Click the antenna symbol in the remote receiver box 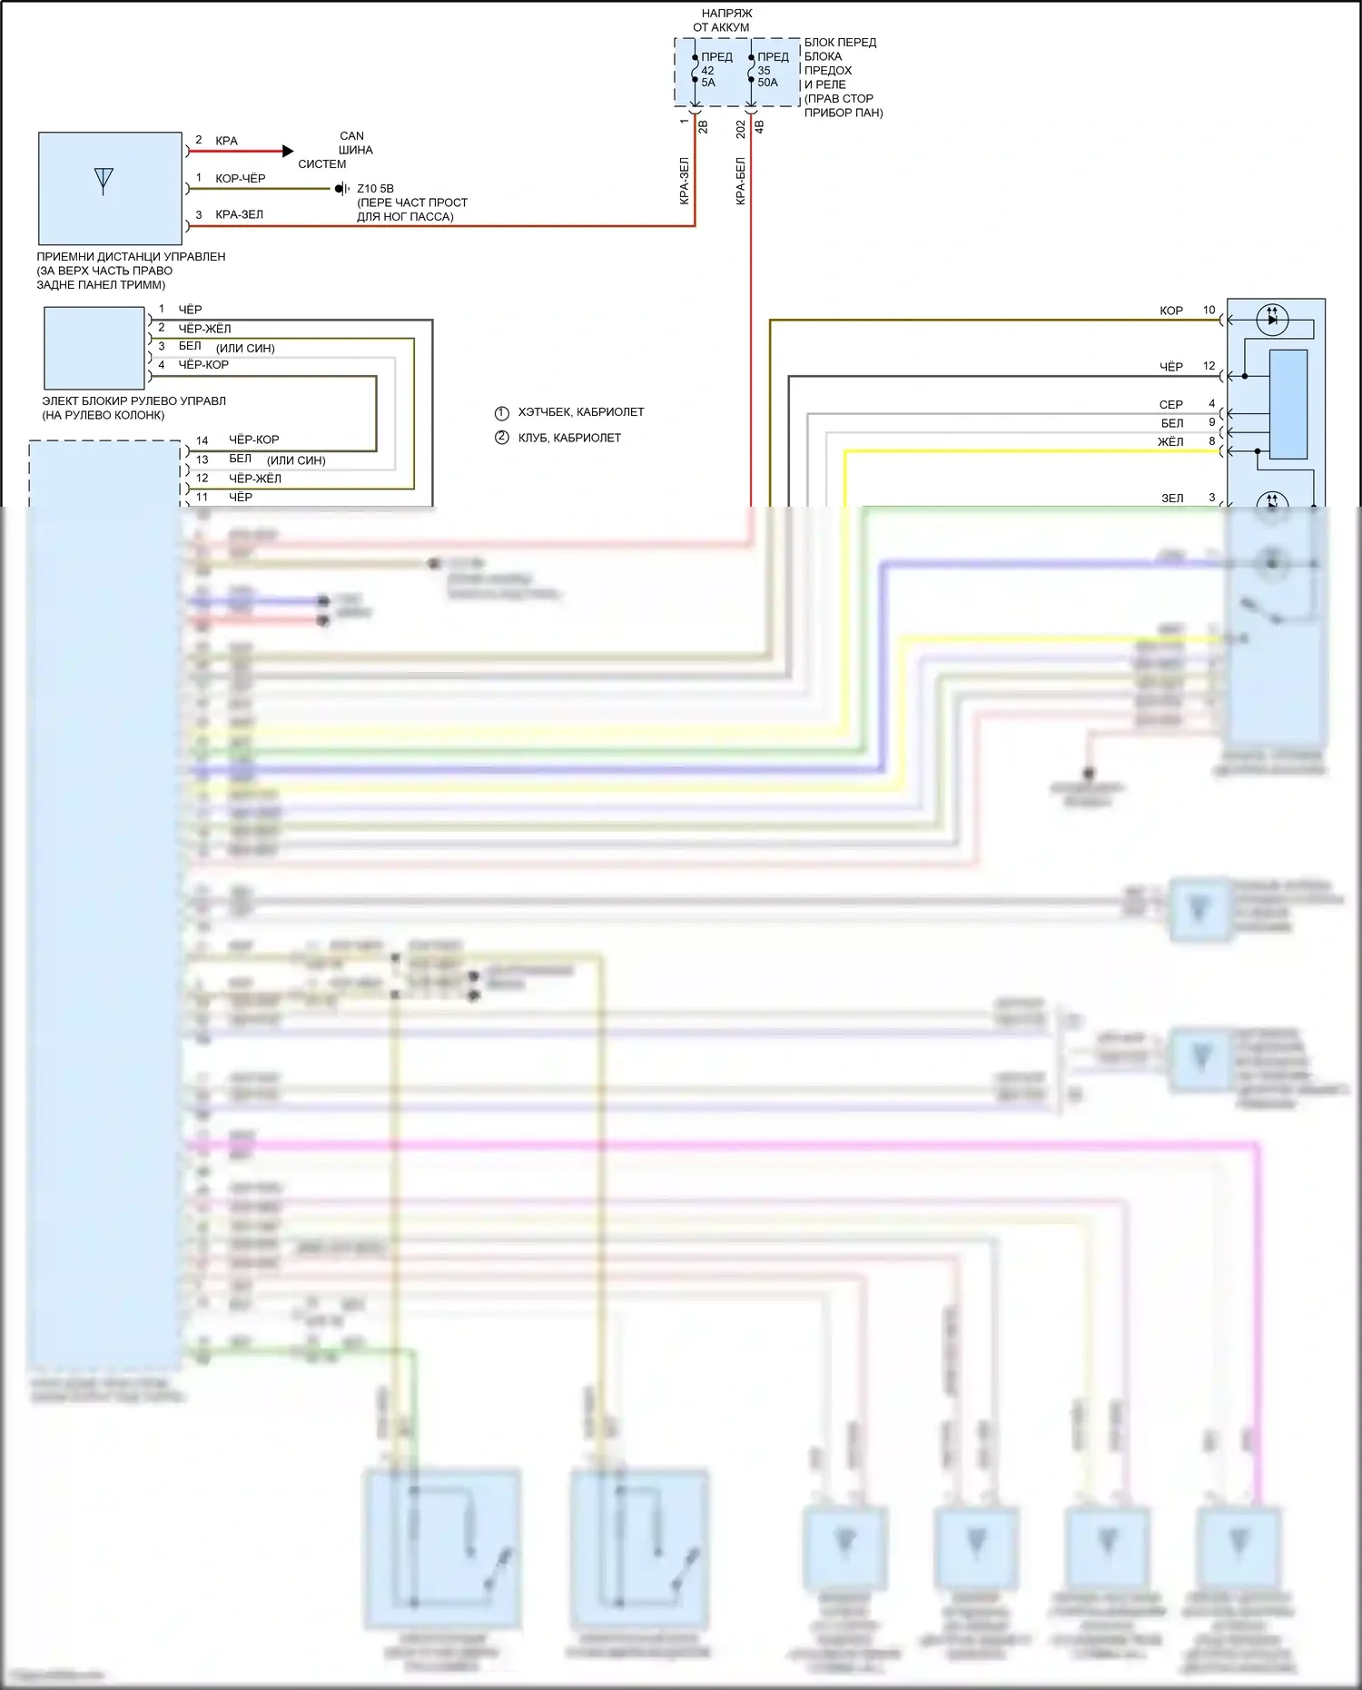[x=104, y=181]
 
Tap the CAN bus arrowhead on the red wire [x=288, y=151]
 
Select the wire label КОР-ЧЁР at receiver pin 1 [x=240, y=178]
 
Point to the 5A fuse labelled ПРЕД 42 [x=695, y=69]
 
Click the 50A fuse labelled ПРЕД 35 [x=751, y=69]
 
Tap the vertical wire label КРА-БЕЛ [x=741, y=181]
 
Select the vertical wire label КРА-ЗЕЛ [x=685, y=181]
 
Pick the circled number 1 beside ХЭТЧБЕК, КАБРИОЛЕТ [x=501, y=412]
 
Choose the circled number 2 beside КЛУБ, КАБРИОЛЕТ [x=501, y=438]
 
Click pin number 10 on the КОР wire [x=1209, y=310]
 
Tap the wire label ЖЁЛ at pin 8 [x=1170, y=441]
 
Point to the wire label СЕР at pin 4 [x=1170, y=404]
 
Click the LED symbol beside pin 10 [x=1272, y=319]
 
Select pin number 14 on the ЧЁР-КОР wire [x=202, y=440]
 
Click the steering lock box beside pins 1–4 [x=94, y=348]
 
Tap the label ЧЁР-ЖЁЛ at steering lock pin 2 [x=204, y=328]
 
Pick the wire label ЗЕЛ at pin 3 [x=1172, y=498]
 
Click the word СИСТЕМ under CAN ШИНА [x=322, y=164]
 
